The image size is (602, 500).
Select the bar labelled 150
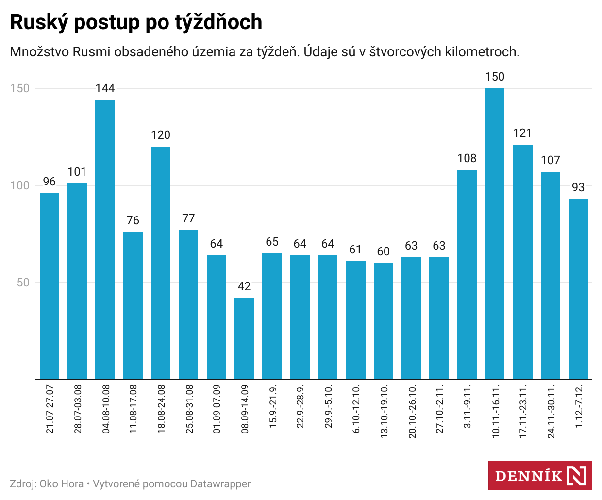495,233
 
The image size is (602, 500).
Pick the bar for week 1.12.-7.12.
578,289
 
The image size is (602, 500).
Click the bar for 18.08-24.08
161,263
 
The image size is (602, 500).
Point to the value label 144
105,88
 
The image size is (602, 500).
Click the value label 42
244,286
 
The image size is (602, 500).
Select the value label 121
522,133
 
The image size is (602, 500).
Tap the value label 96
50,182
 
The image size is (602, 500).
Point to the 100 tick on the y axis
19,185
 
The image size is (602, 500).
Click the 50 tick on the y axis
23,283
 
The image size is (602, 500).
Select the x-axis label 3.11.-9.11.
468,407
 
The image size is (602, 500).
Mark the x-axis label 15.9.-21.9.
273,407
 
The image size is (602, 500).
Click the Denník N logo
540,476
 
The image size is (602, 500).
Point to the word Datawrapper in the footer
220,484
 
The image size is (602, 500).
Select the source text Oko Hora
62,484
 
